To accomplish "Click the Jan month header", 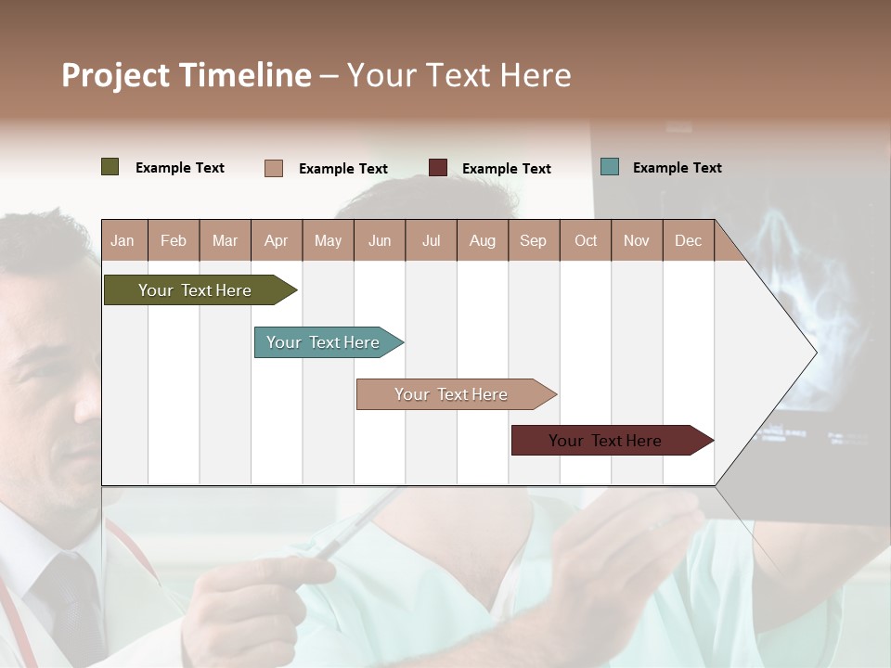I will (x=123, y=241).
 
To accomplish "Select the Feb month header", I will (x=174, y=241).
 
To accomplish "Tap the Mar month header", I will (x=225, y=241).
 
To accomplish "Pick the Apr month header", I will (x=276, y=241).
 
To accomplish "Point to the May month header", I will (x=328, y=241).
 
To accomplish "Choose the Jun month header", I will (x=380, y=241).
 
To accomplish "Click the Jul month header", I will (x=431, y=241).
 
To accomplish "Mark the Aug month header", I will (x=482, y=241).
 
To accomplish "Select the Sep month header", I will (x=533, y=241).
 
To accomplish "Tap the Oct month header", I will (x=586, y=241).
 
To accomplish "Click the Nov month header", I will (x=637, y=241).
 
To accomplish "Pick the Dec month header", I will (x=688, y=241).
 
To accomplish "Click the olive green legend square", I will (x=110, y=167).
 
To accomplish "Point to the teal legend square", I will (x=610, y=167).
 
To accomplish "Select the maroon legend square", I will (x=438, y=168).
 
